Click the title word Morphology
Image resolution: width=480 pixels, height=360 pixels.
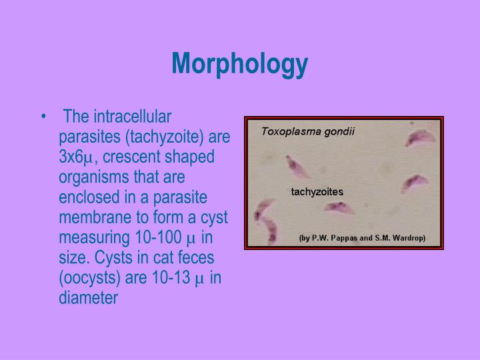coord(239,64)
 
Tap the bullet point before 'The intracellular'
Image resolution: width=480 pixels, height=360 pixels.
coord(44,117)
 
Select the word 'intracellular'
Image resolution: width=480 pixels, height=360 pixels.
coord(134,117)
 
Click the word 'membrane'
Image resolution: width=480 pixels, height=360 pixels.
coord(90,217)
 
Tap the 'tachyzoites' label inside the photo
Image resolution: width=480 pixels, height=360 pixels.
coord(317,192)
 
